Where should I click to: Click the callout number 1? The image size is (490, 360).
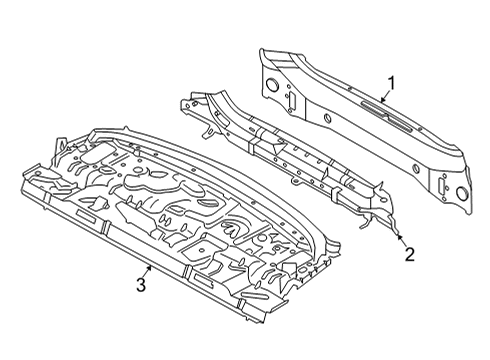[392, 84]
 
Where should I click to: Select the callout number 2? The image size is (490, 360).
[408, 254]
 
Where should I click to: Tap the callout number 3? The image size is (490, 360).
[141, 286]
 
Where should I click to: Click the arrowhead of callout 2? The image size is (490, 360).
[399, 236]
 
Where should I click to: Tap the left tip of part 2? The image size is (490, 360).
[181, 101]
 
